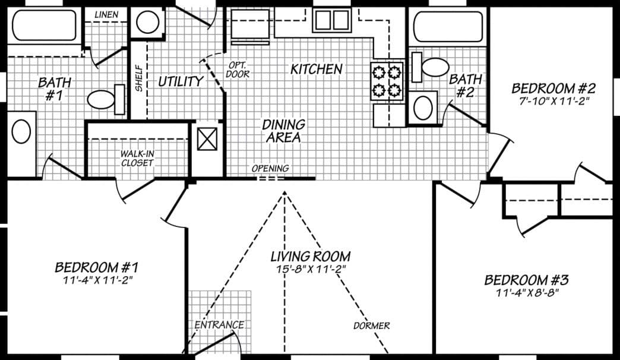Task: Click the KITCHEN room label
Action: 316,69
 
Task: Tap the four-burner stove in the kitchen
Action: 387,81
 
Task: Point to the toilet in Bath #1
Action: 106,99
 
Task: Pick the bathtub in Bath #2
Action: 447,26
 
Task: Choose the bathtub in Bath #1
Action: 45,26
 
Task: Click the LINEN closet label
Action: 106,14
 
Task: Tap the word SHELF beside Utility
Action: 139,78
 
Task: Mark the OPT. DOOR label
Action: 238,70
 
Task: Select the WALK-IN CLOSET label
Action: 137,158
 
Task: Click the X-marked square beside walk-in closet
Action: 207,141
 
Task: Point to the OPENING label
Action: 270,169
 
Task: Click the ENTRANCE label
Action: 219,325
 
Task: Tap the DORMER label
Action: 372,326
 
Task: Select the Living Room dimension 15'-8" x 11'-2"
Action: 309,269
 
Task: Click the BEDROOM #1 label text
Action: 96,267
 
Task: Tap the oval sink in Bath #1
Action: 21,131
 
